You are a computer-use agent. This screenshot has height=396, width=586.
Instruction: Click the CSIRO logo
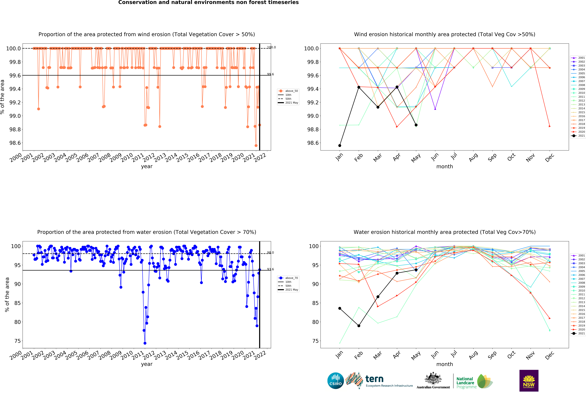click(x=335, y=380)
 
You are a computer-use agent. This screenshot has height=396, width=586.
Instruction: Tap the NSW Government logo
click(x=529, y=380)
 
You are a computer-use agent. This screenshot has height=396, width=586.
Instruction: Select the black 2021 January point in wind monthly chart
click(x=340, y=145)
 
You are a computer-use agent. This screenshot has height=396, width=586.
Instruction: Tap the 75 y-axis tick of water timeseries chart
click(x=18, y=341)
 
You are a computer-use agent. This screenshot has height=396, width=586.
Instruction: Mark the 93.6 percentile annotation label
click(x=270, y=269)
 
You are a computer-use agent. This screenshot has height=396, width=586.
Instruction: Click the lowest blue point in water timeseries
click(x=145, y=343)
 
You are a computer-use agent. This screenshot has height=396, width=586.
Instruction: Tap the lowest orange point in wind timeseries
click(x=256, y=145)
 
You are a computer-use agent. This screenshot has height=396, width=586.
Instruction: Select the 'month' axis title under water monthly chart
click(x=445, y=364)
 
